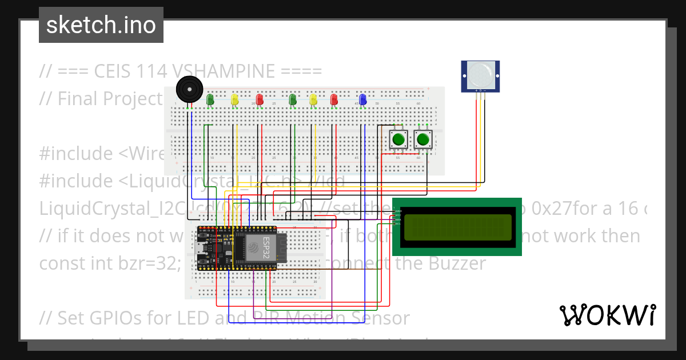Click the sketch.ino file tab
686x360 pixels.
tap(101, 25)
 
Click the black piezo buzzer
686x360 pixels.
tap(189, 90)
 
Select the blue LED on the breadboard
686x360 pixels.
tap(362, 100)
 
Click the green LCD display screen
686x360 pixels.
tap(457, 227)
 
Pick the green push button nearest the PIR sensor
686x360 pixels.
tap(423, 139)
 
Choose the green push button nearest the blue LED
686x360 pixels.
tap(398, 139)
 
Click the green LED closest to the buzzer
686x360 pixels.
tap(210, 100)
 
